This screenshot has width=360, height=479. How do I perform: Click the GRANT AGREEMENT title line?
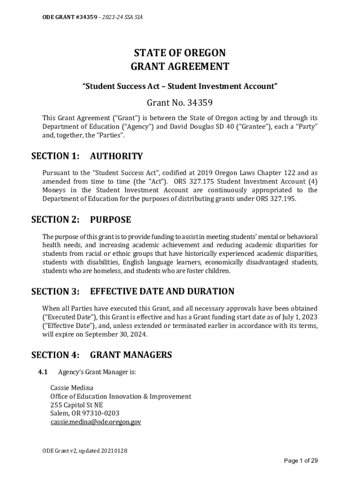[x=180, y=66]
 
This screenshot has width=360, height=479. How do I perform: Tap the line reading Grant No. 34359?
[x=180, y=102]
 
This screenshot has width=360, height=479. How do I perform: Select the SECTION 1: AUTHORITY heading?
[x=87, y=156]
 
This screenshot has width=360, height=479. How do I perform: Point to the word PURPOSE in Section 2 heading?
[x=110, y=219]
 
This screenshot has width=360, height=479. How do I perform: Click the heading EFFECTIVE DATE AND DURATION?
[x=162, y=291]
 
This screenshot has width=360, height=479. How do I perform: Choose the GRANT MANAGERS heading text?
[x=131, y=355]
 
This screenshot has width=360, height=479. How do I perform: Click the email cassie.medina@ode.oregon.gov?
[x=96, y=422]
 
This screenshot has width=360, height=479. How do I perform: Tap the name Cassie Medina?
[x=72, y=388]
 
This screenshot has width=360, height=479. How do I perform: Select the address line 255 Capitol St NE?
[x=76, y=405]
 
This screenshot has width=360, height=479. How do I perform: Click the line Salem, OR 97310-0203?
[x=85, y=413]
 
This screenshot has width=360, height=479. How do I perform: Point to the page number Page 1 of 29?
[x=301, y=461]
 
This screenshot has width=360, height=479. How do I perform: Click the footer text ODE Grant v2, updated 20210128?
[x=85, y=450]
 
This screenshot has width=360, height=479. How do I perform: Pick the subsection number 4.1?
[x=43, y=372]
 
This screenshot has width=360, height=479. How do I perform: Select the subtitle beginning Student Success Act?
[x=180, y=86]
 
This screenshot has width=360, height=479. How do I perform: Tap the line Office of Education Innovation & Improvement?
[x=121, y=396]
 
